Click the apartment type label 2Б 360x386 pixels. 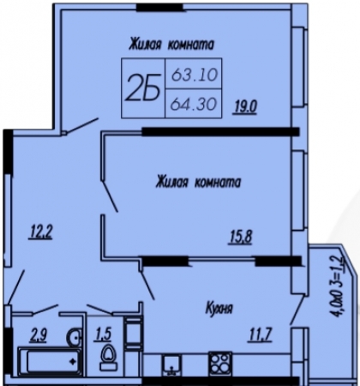point(142,88)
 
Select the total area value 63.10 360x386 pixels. point(195,75)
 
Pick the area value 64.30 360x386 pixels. point(193,104)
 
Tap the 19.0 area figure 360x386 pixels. point(245,107)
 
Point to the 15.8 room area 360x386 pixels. point(240,237)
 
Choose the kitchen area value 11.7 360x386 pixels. point(261,334)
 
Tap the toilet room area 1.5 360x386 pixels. point(102,334)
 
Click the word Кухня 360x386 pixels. point(219,309)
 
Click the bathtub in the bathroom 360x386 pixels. point(51,361)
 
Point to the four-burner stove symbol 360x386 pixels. point(220,363)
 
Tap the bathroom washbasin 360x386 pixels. point(74,338)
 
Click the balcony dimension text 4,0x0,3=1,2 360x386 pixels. point(338,286)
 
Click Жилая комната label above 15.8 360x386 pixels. point(198,182)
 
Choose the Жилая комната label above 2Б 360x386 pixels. point(171,45)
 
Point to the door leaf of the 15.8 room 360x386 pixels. point(110,196)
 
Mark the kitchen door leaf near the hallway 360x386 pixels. point(147,284)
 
